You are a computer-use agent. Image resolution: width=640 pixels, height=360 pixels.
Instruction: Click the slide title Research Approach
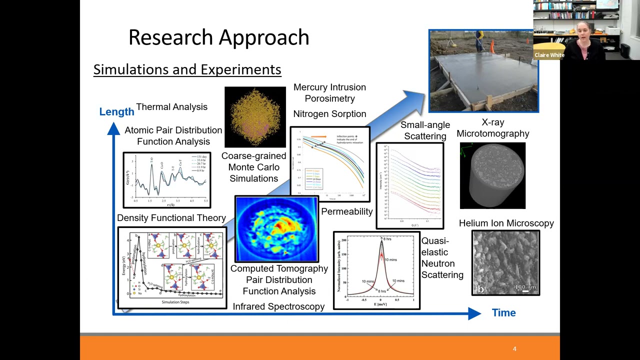click(x=218, y=37)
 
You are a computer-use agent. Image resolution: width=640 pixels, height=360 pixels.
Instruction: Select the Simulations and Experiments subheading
click(x=187, y=69)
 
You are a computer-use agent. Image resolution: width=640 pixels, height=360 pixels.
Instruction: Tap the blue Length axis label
click(x=116, y=111)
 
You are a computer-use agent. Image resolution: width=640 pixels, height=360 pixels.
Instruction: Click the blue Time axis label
click(x=503, y=312)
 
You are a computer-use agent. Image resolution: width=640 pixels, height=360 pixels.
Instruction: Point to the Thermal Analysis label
click(x=171, y=106)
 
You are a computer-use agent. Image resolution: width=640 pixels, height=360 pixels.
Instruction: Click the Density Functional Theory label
click(x=171, y=218)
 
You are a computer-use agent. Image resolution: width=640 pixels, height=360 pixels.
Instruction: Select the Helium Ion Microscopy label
click(x=506, y=223)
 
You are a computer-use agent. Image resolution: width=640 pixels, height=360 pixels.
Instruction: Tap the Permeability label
click(x=346, y=211)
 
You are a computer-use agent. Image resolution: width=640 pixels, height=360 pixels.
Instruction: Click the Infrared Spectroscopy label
click(x=278, y=306)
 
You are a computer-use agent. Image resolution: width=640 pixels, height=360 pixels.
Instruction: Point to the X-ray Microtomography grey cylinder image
click(x=492, y=175)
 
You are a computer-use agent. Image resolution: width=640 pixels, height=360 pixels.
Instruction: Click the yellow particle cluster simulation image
click(x=255, y=117)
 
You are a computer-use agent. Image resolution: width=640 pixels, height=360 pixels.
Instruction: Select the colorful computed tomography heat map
click(x=276, y=229)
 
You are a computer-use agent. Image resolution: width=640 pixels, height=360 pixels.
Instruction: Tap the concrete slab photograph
click(x=483, y=71)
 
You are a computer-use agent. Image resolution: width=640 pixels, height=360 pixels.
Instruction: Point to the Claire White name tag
click(x=549, y=55)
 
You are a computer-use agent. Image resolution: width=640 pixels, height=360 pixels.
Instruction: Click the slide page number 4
click(x=514, y=348)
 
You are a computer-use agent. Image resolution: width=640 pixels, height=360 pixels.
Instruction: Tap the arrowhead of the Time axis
click(x=474, y=313)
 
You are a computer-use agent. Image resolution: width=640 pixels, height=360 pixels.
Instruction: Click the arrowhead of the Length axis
click(x=113, y=129)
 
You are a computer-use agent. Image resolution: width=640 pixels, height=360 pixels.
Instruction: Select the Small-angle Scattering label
click(x=425, y=130)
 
